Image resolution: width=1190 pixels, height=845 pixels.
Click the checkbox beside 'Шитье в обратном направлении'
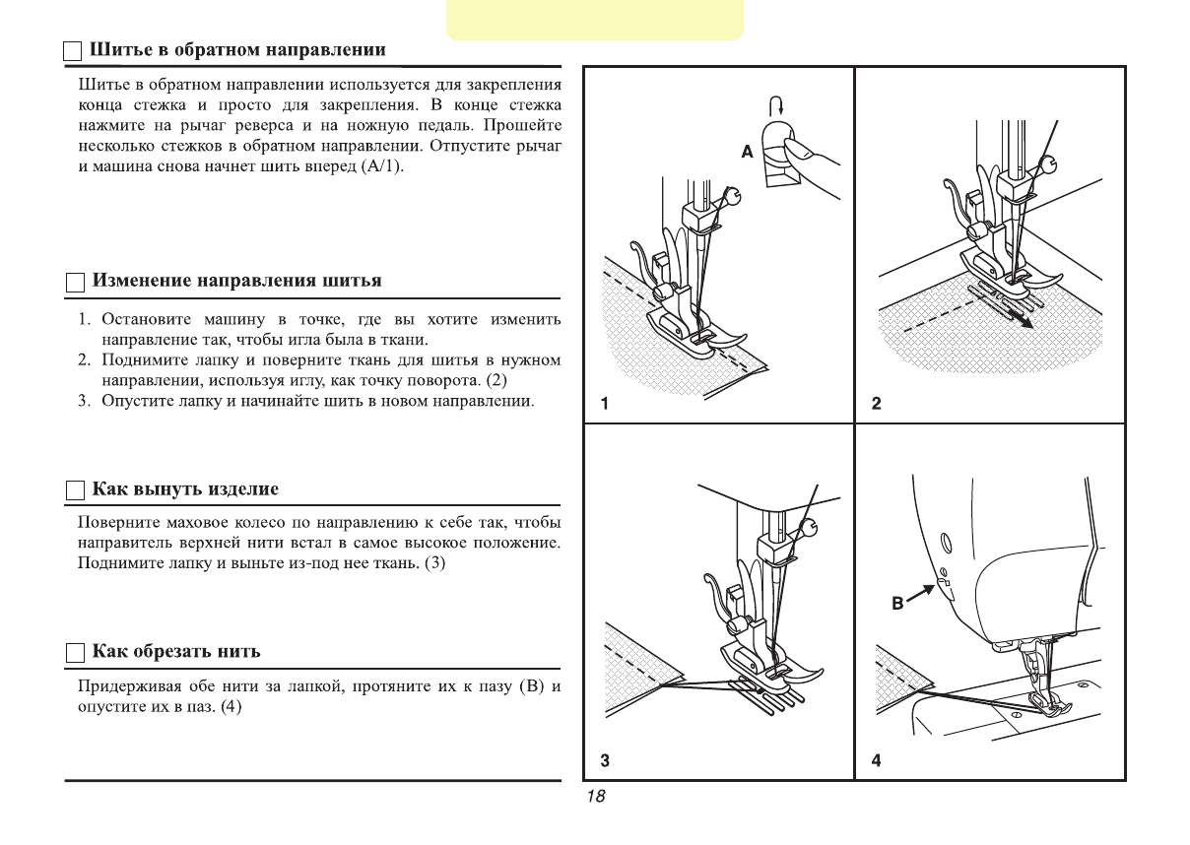(x=74, y=51)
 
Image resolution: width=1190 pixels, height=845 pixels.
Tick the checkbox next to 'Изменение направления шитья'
(x=76, y=283)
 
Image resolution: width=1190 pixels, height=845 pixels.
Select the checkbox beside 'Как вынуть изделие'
(x=76, y=490)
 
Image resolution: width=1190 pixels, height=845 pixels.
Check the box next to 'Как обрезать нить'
(x=76, y=653)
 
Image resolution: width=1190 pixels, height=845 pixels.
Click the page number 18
(x=595, y=797)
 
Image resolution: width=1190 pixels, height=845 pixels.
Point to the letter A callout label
(x=748, y=152)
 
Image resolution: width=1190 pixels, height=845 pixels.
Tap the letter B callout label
(x=897, y=603)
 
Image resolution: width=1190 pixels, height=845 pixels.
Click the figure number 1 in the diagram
(x=605, y=404)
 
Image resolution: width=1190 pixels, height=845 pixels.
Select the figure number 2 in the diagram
(x=876, y=404)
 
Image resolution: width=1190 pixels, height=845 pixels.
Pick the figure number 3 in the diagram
(x=605, y=760)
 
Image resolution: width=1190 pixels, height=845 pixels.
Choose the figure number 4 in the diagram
(x=876, y=760)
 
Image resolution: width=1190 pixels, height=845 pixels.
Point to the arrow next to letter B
(x=920, y=594)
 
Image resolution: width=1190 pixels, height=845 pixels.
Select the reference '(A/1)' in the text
(x=383, y=166)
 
